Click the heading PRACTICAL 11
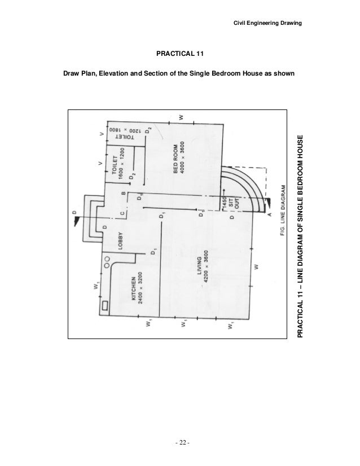click(180, 55)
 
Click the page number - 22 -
click(181, 441)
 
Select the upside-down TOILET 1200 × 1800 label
click(122, 131)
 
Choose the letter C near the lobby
click(122, 213)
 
